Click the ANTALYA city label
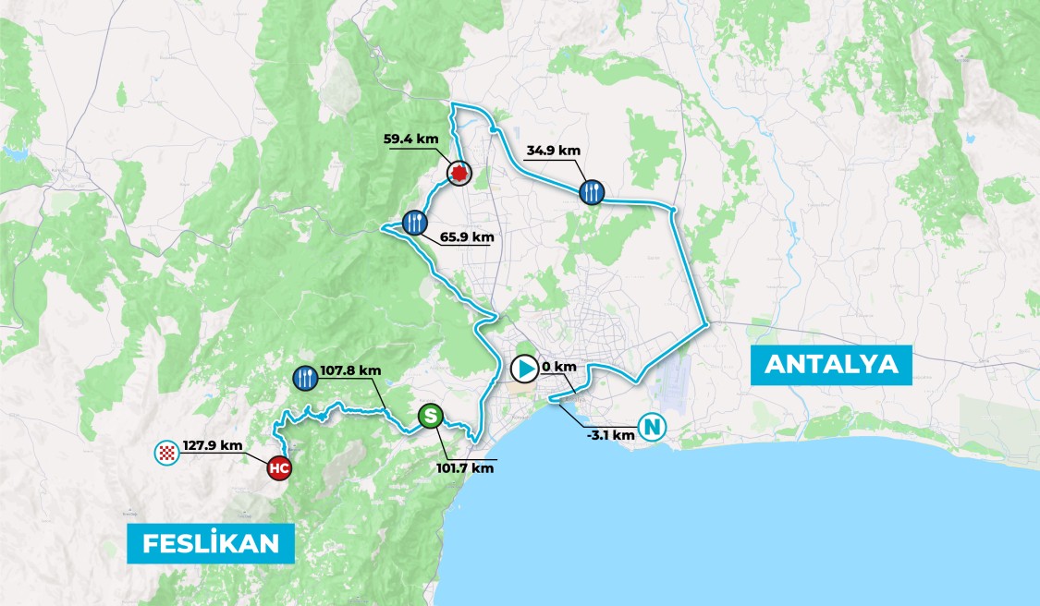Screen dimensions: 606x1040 click(832, 364)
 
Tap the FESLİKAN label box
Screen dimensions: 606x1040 click(211, 543)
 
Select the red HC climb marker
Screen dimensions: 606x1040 click(279, 469)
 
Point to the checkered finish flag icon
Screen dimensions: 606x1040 click(165, 453)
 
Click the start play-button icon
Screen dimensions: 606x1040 click(523, 370)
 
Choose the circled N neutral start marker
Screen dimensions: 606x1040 click(653, 429)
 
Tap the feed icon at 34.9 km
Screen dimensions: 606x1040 click(593, 192)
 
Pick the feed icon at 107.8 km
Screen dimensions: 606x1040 click(305, 376)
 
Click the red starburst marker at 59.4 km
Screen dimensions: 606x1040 click(459, 172)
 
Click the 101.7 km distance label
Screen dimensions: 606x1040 click(465, 467)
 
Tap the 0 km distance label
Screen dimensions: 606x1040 click(559, 367)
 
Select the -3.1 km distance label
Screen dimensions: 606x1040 click(610, 434)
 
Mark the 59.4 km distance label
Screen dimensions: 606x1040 click(410, 139)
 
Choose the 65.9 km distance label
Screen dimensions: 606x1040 click(467, 237)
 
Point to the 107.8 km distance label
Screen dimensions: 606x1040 click(350, 370)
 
